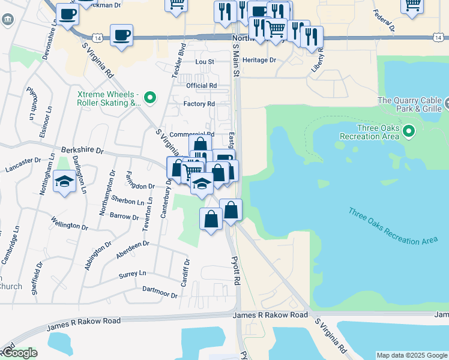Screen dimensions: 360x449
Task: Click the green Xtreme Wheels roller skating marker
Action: [150, 97]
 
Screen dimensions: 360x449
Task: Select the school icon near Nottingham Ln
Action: [64, 181]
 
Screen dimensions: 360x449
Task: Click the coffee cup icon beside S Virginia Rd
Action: [122, 35]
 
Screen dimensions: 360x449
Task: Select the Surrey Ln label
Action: [133, 274]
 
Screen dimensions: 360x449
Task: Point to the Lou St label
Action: [205, 62]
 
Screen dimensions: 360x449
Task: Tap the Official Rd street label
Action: [201, 86]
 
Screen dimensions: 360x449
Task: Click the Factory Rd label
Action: [199, 104]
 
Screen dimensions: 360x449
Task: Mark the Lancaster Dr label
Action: [22, 165]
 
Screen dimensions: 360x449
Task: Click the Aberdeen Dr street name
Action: [132, 247]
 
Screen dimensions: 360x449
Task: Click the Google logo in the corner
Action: [19, 353]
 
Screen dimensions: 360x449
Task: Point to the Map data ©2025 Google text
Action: [412, 355]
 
